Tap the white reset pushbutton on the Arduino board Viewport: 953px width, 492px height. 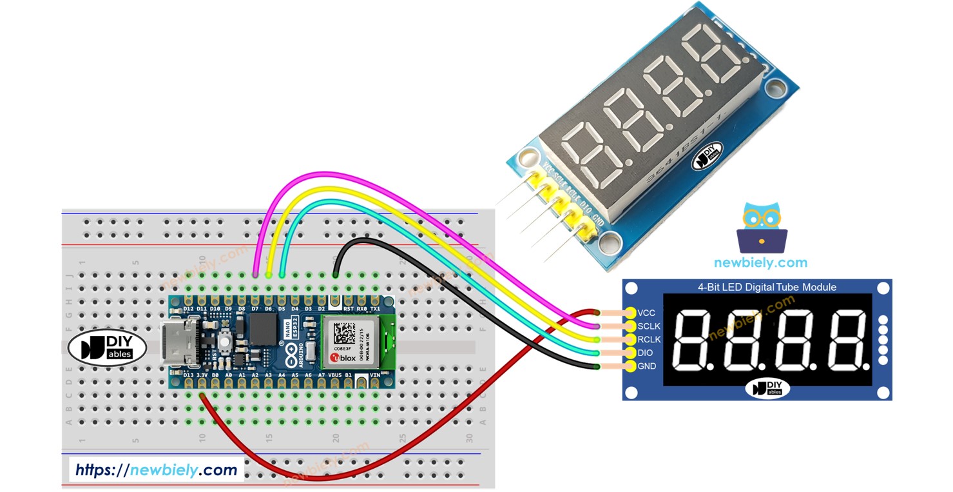click(x=226, y=340)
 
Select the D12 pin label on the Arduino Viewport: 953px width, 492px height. click(x=188, y=309)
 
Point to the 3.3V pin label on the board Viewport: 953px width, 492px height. click(x=202, y=375)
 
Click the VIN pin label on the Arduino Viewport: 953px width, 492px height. click(x=376, y=375)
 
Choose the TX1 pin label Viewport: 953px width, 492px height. click(x=376, y=309)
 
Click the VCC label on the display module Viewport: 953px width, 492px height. click(x=646, y=313)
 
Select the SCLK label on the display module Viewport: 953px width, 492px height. click(x=648, y=326)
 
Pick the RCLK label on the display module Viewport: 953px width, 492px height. click(x=648, y=339)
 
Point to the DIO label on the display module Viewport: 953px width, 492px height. click(x=644, y=353)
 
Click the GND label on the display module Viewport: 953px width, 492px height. click(x=646, y=366)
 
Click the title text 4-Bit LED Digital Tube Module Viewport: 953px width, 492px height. click(x=767, y=287)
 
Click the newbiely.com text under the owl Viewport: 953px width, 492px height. click(x=760, y=262)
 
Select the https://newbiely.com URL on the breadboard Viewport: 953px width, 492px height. click(x=156, y=469)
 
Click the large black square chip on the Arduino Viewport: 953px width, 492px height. click(x=262, y=330)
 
